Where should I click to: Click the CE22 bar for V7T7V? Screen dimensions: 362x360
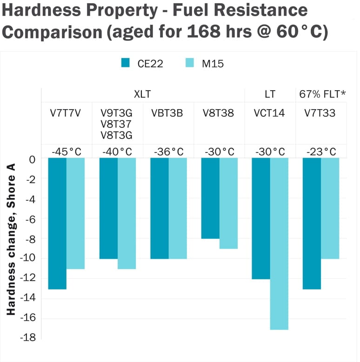click(57, 224)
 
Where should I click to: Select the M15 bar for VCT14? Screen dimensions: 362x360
click(279, 244)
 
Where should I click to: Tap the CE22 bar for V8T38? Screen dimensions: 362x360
click(210, 198)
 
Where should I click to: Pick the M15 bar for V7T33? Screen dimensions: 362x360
click(330, 209)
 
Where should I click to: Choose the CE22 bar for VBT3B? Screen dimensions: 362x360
click(160, 209)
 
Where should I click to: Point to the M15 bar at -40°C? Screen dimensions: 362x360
click(127, 213)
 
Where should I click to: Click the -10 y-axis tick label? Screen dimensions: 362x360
click(28, 258)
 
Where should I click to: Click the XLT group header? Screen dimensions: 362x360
click(142, 94)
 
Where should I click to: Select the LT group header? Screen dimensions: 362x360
click(270, 94)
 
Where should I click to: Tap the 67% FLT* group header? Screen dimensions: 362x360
click(321, 94)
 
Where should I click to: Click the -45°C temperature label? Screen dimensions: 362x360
click(67, 151)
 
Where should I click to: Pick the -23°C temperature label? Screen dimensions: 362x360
click(321, 151)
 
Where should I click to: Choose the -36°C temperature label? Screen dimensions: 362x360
click(168, 151)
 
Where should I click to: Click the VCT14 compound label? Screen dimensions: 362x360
click(269, 113)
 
